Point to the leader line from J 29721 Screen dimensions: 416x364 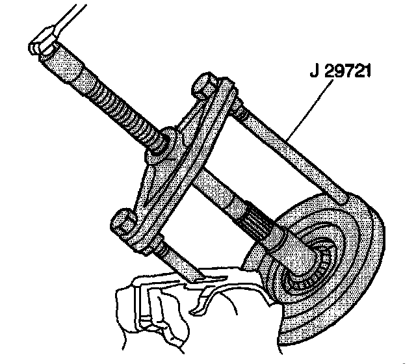point(305,110)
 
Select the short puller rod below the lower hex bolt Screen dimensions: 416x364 point(172,257)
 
